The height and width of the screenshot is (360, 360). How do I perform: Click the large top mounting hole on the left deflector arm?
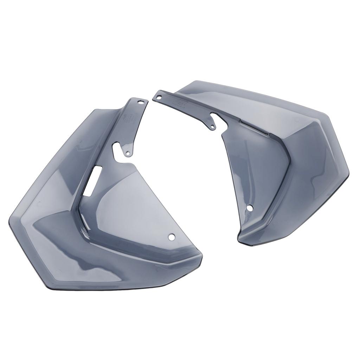point(142,102)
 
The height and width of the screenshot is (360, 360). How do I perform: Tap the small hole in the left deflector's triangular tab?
point(128,153)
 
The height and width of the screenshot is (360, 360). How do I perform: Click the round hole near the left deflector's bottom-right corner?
point(172,238)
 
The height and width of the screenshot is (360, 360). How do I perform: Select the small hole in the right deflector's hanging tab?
point(213,127)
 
